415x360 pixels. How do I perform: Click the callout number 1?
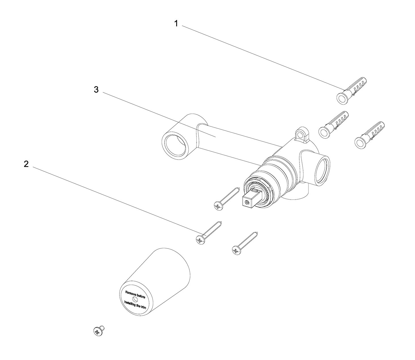point(176,24)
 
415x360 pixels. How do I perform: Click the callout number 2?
point(26,164)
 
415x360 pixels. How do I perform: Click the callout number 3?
point(96,90)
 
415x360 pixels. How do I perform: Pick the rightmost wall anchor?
point(370,134)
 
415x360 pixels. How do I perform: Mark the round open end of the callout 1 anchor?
point(342,98)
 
